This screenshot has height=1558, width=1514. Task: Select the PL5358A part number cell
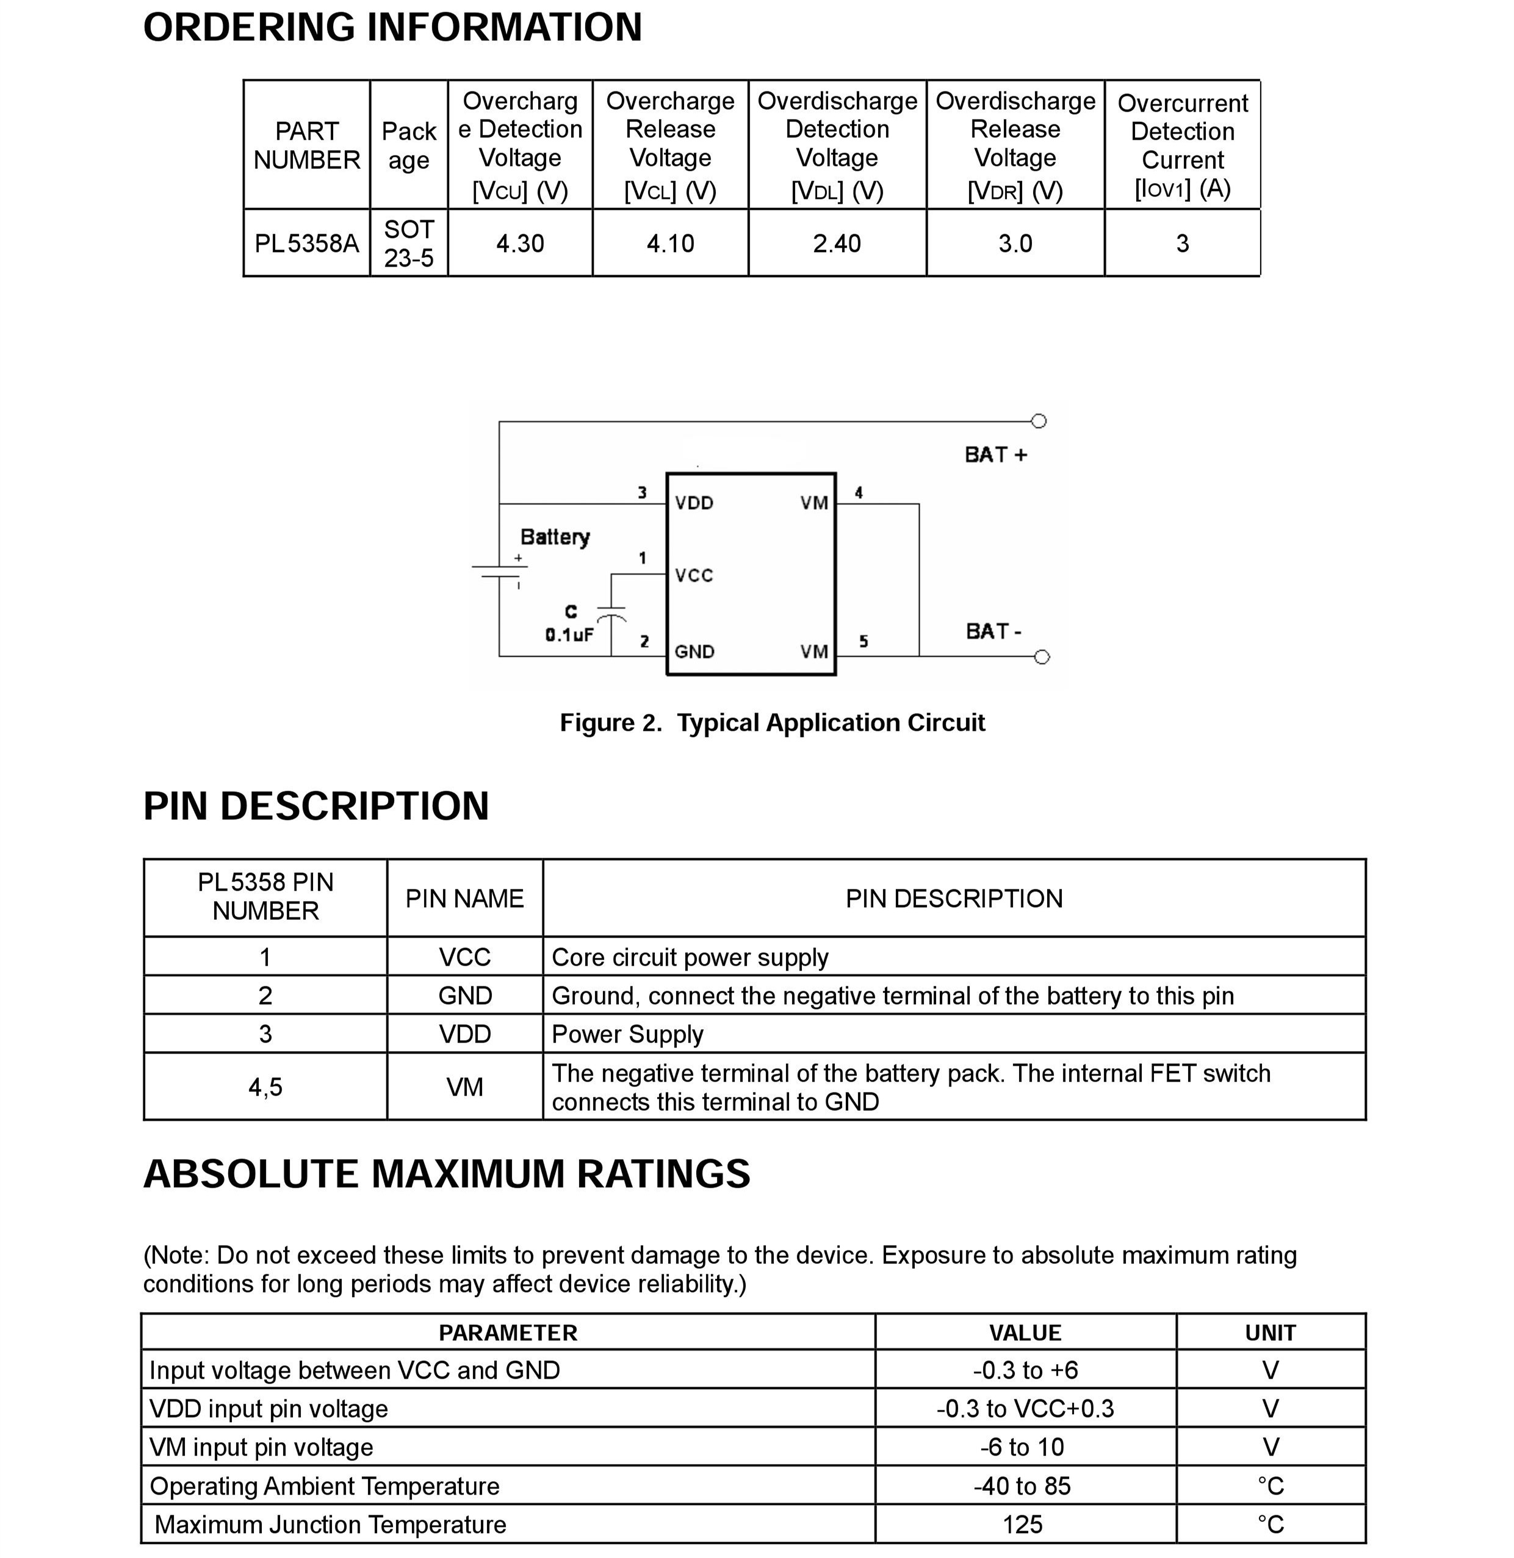[306, 243]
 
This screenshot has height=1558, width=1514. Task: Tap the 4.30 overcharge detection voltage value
[520, 243]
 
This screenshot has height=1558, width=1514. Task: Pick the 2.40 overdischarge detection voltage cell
[837, 243]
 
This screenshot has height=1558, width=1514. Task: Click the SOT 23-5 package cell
[409, 243]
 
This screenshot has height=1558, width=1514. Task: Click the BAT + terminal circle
[1039, 422]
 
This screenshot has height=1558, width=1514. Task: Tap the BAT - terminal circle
[1042, 656]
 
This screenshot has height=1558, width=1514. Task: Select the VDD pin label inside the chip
[694, 503]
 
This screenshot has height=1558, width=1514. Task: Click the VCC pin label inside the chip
[694, 575]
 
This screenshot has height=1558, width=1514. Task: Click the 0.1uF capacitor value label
[569, 634]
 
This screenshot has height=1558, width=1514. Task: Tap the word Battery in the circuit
[555, 537]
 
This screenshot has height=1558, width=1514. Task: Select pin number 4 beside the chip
[859, 493]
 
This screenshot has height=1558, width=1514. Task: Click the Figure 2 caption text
[772, 722]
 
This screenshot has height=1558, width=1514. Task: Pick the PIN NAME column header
[464, 898]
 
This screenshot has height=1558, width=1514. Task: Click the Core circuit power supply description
[690, 957]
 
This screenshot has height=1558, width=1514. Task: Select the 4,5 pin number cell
[265, 1086]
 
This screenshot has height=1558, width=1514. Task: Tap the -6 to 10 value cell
[1022, 1447]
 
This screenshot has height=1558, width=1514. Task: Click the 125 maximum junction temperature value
[1022, 1524]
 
